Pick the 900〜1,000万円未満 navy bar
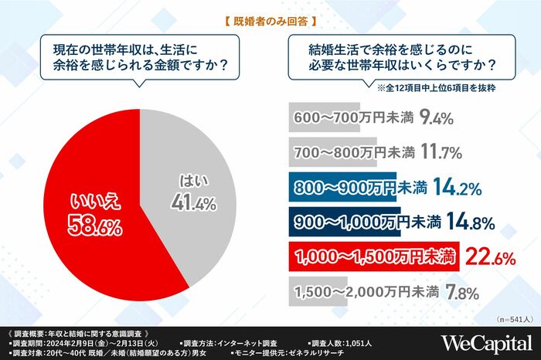point(356,222)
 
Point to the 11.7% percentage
point(440,151)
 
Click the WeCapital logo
point(485,342)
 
